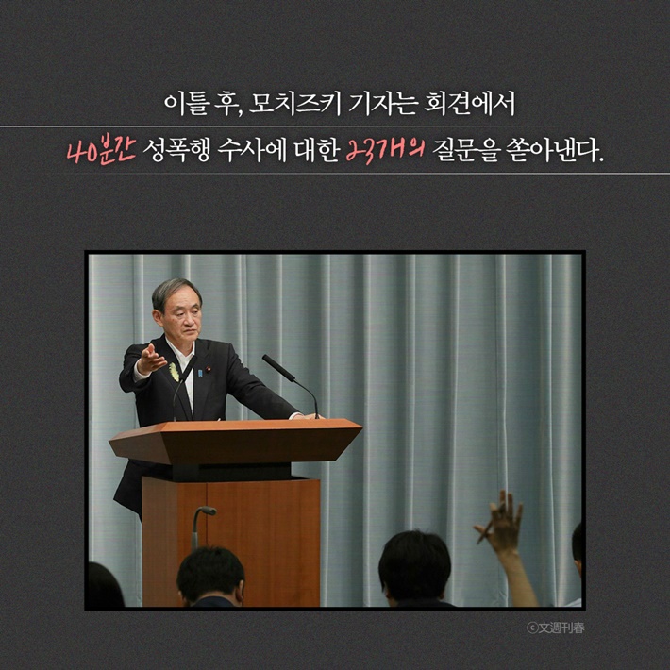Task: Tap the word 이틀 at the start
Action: click(182, 101)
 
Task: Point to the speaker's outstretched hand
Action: click(150, 359)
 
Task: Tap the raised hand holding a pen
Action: click(500, 522)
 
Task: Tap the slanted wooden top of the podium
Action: click(236, 440)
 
